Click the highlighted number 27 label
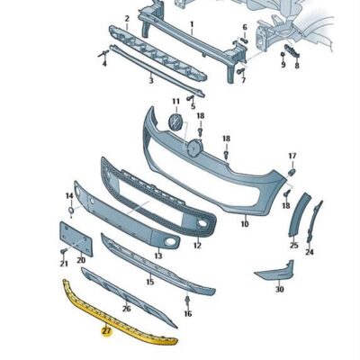click(106, 332)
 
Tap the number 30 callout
click(280, 289)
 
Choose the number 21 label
click(63, 264)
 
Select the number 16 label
click(187, 314)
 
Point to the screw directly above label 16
click(187, 297)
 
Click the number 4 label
click(103, 65)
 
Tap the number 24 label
click(310, 253)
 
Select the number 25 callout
click(293, 244)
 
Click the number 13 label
click(159, 256)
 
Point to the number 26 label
click(126, 308)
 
